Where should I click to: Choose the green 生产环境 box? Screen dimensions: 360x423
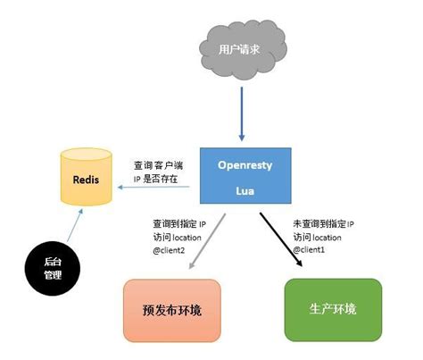[x=332, y=308]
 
